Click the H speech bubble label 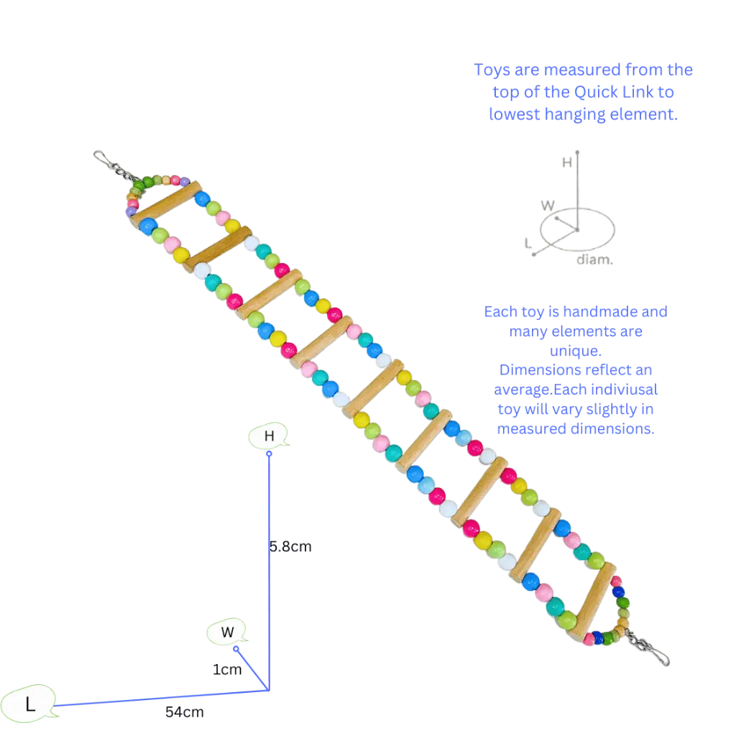tap(269, 436)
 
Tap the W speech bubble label tap(227, 632)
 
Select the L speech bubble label tap(29, 703)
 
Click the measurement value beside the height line tap(293, 546)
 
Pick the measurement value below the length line tap(183, 713)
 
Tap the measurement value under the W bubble tap(226, 669)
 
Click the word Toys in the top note tap(489, 70)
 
